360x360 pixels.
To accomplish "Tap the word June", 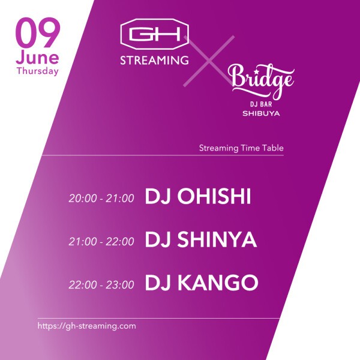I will point(37,58).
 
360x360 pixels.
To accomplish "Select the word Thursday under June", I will point(37,71).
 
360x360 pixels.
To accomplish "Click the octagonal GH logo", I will point(155,36).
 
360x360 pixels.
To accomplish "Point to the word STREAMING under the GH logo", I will point(155,61).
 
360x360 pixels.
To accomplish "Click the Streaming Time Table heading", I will point(241,147).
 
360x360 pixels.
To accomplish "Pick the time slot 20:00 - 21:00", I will point(101,199).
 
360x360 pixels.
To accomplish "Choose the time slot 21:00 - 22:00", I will point(101,242).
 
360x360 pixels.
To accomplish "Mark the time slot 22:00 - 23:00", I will point(101,284).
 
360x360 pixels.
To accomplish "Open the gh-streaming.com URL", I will point(87,326).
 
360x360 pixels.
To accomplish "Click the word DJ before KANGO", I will point(157,283).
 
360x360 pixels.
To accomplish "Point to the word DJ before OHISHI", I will point(157,197).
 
